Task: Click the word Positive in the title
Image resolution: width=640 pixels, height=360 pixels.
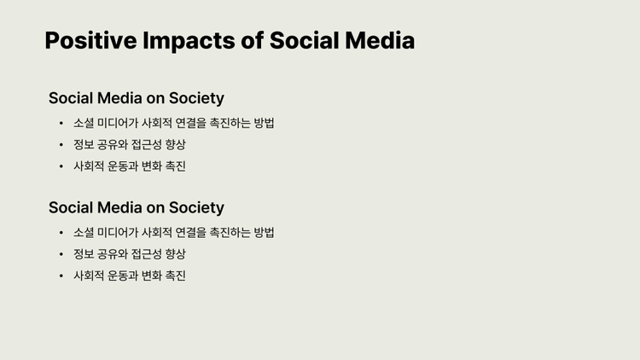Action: click(90, 41)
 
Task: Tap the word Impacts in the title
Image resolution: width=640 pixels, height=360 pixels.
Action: click(189, 41)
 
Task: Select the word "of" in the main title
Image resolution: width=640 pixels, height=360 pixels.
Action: click(252, 40)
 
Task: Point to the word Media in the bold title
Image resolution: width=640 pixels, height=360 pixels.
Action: click(380, 40)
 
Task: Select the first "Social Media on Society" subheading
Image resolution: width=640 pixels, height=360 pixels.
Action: click(137, 98)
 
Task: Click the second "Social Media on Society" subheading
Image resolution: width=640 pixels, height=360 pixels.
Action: click(137, 208)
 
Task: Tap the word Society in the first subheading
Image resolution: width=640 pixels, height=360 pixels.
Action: click(196, 98)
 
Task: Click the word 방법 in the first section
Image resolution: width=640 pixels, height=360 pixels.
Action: click(264, 123)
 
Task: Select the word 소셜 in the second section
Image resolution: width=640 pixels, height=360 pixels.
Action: click(84, 232)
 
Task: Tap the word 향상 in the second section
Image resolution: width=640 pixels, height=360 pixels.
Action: click(175, 254)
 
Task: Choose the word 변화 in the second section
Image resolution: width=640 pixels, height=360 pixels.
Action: click(151, 276)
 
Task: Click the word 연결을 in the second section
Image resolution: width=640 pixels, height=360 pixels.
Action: click(190, 232)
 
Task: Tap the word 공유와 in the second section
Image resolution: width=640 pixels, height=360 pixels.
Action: click(113, 254)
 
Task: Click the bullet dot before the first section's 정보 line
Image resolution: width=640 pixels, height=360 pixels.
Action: click(61, 144)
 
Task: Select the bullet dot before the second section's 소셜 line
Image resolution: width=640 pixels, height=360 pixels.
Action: click(61, 232)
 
